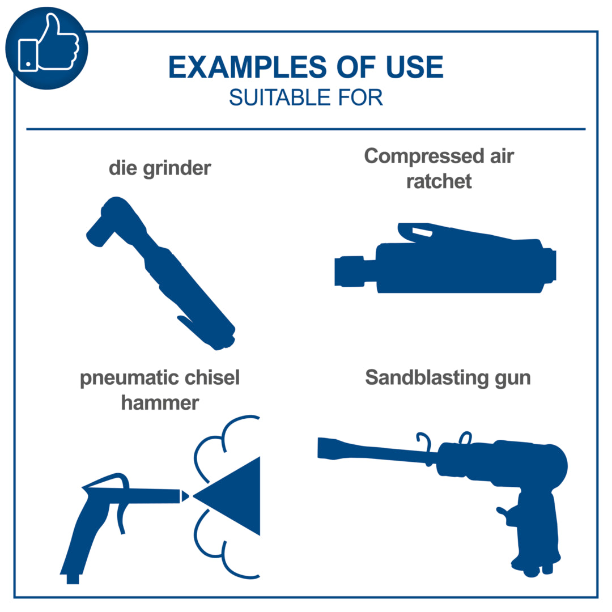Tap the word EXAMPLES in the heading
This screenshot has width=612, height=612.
pyautogui.click(x=248, y=67)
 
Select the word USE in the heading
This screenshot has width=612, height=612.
pyautogui.click(x=414, y=67)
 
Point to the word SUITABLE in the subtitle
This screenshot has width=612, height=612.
pyautogui.click(x=280, y=97)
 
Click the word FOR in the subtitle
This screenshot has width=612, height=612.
pyautogui.click(x=360, y=97)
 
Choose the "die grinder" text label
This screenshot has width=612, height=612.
pyautogui.click(x=160, y=169)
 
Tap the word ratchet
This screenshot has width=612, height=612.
pyautogui.click(x=439, y=181)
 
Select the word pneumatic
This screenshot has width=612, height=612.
pyautogui.click(x=129, y=378)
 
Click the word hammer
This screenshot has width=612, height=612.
pyautogui.click(x=160, y=403)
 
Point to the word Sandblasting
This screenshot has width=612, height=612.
pyautogui.click(x=427, y=378)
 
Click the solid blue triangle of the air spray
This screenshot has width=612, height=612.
pyautogui.click(x=233, y=496)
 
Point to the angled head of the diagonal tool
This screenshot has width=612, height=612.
pyautogui.click(x=110, y=221)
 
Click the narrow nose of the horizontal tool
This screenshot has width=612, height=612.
pyautogui.click(x=350, y=271)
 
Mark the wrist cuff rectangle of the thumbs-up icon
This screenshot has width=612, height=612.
pyautogui.click(x=28, y=56)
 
